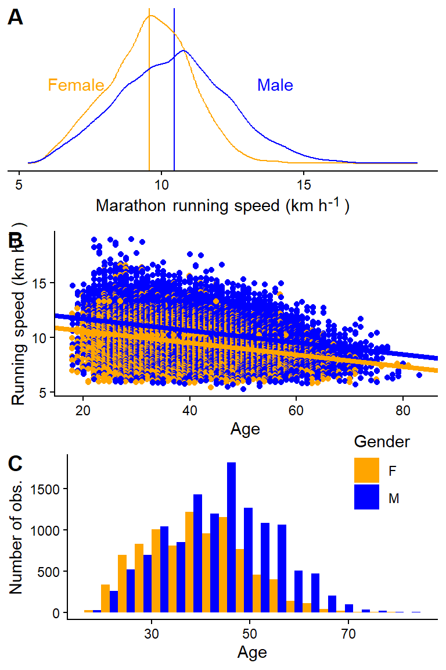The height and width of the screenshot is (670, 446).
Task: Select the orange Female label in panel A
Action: tap(75, 85)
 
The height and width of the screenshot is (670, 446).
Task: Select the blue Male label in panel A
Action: tap(275, 85)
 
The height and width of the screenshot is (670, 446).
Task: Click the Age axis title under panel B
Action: tap(245, 430)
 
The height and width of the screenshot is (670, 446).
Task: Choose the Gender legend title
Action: tap(382, 442)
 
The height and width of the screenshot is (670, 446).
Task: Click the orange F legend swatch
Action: tap(366, 471)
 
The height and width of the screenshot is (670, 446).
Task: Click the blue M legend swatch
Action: tap(366, 497)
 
